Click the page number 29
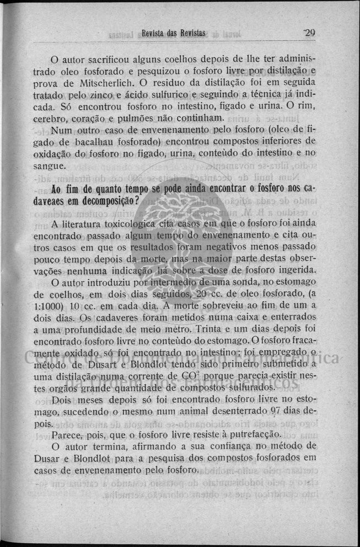[x=308, y=33]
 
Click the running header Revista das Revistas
[x=173, y=33]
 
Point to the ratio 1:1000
[x=47, y=305]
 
